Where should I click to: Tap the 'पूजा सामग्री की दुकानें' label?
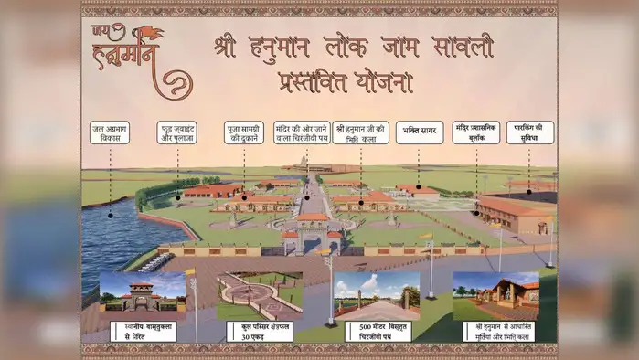tap(244, 132)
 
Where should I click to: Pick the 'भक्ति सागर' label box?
tap(419, 132)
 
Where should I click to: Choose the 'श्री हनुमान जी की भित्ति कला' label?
tap(361, 132)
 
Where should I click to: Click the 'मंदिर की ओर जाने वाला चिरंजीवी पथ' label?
tap(303, 132)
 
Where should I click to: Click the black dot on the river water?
tap(110, 215)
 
